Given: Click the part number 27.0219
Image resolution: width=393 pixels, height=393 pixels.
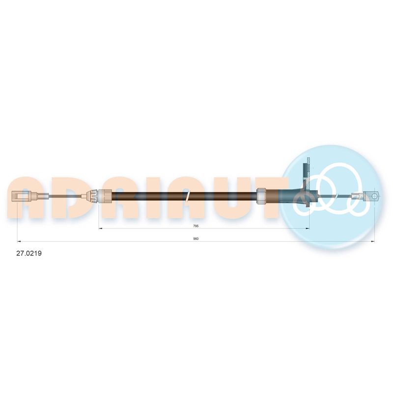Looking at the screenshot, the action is pyautogui.click(x=29, y=253).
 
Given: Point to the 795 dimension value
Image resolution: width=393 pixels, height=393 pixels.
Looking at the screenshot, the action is pyautogui.click(x=196, y=226).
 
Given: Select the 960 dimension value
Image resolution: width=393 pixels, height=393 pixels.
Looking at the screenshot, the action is pyautogui.click(x=196, y=239).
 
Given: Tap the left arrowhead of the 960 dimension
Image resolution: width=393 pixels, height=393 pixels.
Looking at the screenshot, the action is pyautogui.click(x=19, y=242).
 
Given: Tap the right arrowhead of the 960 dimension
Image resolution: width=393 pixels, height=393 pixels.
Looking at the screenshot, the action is pyautogui.click(x=373, y=242).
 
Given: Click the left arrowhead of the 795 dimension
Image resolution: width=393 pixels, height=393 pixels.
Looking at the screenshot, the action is pyautogui.click(x=101, y=228).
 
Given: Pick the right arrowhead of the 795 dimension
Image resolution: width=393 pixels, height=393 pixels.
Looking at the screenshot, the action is pyautogui.click(x=308, y=228).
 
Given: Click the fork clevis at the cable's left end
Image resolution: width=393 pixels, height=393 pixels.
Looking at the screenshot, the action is pyautogui.click(x=22, y=196).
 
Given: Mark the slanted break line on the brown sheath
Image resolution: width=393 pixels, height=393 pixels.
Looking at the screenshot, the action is pyautogui.click(x=188, y=196).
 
